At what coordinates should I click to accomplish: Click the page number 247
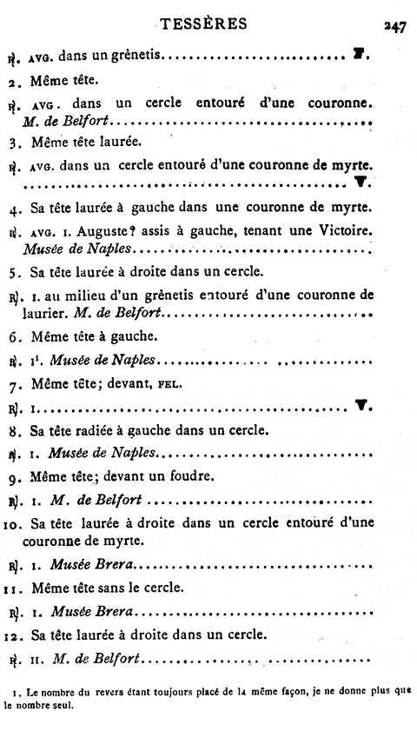(393, 26)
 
